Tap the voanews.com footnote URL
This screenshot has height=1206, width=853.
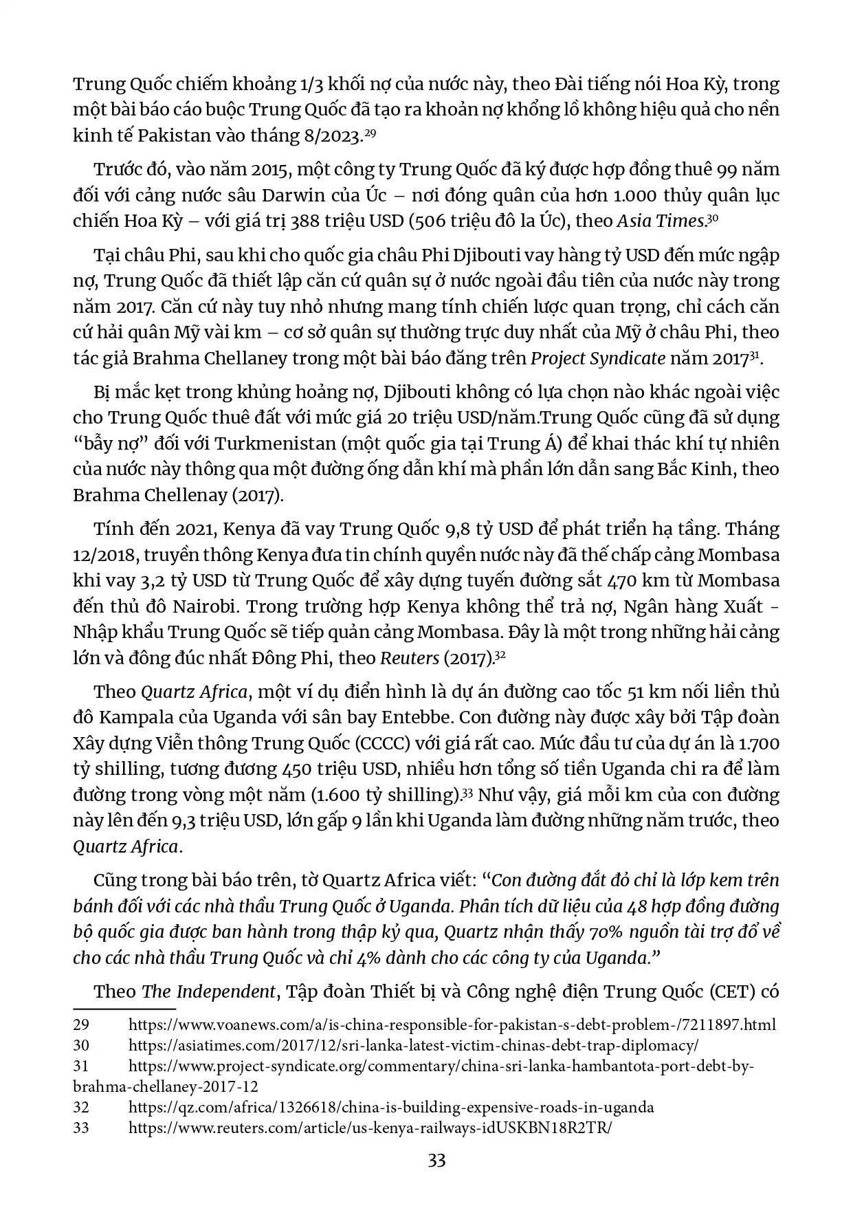click(x=452, y=1025)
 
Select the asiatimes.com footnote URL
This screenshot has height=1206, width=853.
click(x=413, y=1046)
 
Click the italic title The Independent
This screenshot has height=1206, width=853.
click(x=208, y=991)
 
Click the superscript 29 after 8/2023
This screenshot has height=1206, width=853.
click(x=370, y=133)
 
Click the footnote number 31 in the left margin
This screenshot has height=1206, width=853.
click(x=81, y=1066)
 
